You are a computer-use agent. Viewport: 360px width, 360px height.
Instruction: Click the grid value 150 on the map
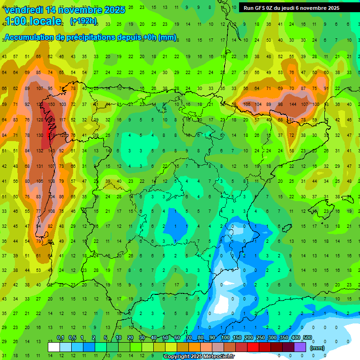coord(51,104)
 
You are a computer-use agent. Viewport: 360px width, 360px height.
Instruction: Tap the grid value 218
coord(51,135)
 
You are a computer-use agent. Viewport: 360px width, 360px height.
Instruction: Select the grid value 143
coord(51,150)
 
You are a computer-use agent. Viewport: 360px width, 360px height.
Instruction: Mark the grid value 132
coord(39,150)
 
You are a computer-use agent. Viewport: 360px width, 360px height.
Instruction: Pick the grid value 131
coord(39,166)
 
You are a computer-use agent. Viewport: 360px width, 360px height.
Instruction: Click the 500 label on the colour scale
coord(307,338)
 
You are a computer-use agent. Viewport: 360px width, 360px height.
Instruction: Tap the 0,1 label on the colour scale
coord(60,338)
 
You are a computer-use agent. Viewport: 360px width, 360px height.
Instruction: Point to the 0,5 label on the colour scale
coord(72,338)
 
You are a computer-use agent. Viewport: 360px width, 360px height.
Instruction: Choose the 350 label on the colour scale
coord(284,338)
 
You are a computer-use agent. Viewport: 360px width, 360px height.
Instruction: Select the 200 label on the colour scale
coord(248,338)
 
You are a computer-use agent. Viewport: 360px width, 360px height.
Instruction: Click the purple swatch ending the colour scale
coord(300,347)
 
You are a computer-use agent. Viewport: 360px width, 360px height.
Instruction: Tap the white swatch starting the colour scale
coord(54,347)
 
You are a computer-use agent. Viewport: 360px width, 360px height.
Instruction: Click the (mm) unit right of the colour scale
coord(317,348)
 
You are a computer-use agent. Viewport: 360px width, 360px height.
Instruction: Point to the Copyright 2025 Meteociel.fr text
coord(199,357)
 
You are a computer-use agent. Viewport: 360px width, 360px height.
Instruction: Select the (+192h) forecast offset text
coord(83,21)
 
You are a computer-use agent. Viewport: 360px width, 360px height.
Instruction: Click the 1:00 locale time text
coord(33,21)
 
